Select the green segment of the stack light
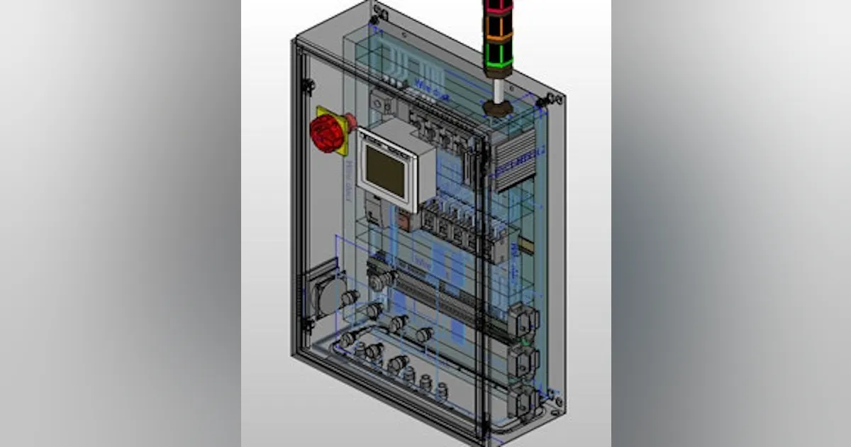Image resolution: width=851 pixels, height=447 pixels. [x=498, y=55]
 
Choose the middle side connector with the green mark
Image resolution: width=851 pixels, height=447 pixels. [x=522, y=360]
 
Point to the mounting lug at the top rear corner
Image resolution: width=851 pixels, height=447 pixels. [x=380, y=12]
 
